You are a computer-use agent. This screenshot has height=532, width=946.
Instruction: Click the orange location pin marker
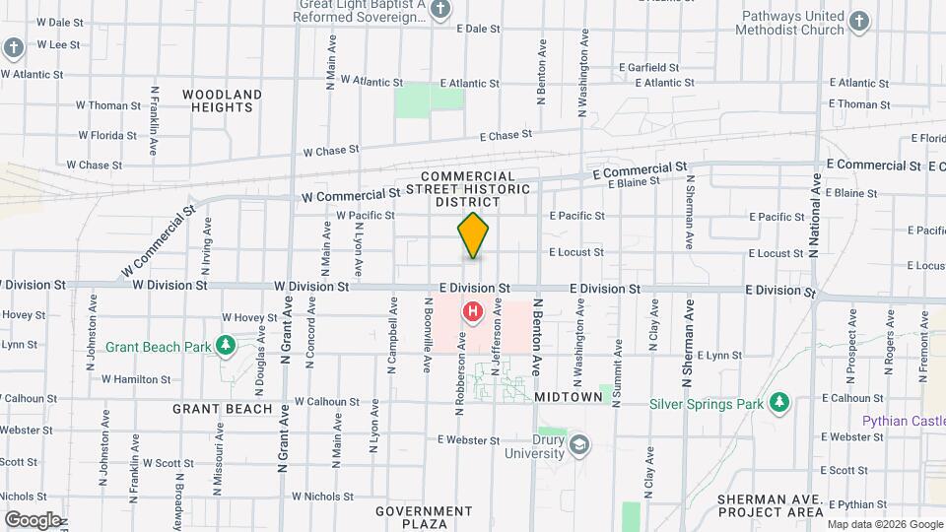tap(474, 236)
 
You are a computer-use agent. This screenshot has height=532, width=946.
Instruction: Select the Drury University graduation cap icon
tap(578, 443)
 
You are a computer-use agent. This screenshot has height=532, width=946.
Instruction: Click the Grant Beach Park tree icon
tap(227, 346)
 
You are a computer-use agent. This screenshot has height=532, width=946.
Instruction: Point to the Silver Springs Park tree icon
tap(779, 403)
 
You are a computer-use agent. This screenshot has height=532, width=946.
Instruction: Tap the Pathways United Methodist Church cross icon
tap(859, 23)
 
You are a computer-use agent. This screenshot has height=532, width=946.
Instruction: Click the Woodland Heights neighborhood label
tap(223, 100)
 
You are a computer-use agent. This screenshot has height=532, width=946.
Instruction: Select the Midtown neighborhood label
tap(569, 396)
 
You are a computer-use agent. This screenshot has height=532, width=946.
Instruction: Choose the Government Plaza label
tap(424, 517)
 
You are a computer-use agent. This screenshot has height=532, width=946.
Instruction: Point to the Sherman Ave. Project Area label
tap(771, 506)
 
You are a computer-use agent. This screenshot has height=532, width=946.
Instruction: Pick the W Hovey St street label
tap(249, 317)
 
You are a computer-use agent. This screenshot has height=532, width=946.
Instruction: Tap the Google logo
tap(33, 519)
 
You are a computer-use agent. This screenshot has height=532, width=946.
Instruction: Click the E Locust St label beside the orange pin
tap(575, 252)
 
